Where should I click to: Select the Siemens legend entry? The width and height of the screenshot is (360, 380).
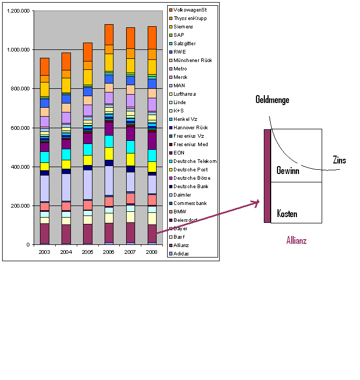click(183, 27)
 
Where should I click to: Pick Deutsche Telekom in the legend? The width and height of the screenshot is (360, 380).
click(195, 161)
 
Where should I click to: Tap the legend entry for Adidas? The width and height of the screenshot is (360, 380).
click(182, 254)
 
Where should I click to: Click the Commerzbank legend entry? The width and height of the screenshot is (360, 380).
click(191, 203)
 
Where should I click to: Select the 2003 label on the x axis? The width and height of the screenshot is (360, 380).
click(45, 252)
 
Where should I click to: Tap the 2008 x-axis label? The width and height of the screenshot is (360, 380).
click(152, 252)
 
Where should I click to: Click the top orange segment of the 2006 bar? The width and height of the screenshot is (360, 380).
click(109, 34)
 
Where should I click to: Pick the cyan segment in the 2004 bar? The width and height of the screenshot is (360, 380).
click(66, 154)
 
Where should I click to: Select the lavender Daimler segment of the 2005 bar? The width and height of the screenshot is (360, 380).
click(88, 184)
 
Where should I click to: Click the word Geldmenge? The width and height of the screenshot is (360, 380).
click(272, 99)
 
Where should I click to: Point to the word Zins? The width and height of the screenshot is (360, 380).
click(340, 160)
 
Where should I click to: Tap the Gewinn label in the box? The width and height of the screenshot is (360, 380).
click(288, 171)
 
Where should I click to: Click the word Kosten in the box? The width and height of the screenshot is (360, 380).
click(287, 214)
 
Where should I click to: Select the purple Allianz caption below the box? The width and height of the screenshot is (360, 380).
click(296, 241)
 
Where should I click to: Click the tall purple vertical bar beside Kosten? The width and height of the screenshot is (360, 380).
click(267, 176)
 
